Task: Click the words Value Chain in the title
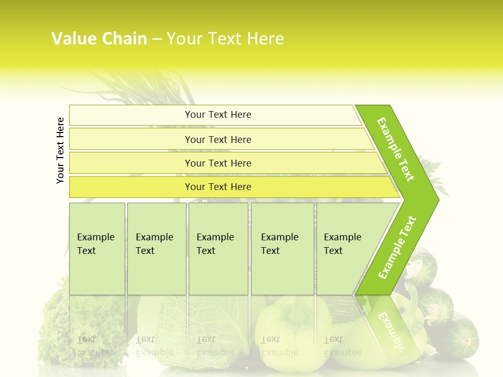(99, 39)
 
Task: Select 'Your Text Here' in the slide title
(225, 39)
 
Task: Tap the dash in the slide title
(157, 39)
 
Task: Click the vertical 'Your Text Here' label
(60, 150)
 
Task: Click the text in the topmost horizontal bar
(218, 115)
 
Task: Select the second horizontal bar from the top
(218, 139)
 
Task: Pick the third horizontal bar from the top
(218, 163)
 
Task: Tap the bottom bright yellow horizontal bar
(218, 187)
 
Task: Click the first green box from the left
(97, 249)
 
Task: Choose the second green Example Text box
(156, 249)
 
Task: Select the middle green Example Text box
(218, 249)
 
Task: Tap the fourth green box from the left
(282, 249)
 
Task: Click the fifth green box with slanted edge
(346, 249)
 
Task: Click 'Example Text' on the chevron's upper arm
(396, 149)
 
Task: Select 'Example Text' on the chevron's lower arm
(397, 247)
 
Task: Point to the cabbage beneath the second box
(157, 325)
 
